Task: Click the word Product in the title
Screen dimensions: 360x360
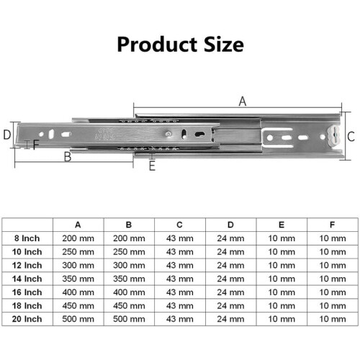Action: click(157, 45)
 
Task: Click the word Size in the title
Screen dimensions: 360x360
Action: click(224, 44)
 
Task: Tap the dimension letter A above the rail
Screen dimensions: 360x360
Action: click(243, 102)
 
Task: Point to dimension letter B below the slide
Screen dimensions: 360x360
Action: click(68, 157)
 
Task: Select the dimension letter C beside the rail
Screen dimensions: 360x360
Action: click(351, 137)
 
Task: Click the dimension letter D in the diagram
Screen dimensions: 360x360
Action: click(7, 135)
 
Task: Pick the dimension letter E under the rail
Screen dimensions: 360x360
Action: click(152, 166)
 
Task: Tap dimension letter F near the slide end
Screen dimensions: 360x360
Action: click(36, 145)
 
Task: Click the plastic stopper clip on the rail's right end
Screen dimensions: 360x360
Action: click(333, 136)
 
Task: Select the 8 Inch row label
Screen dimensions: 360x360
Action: click(27, 238)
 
